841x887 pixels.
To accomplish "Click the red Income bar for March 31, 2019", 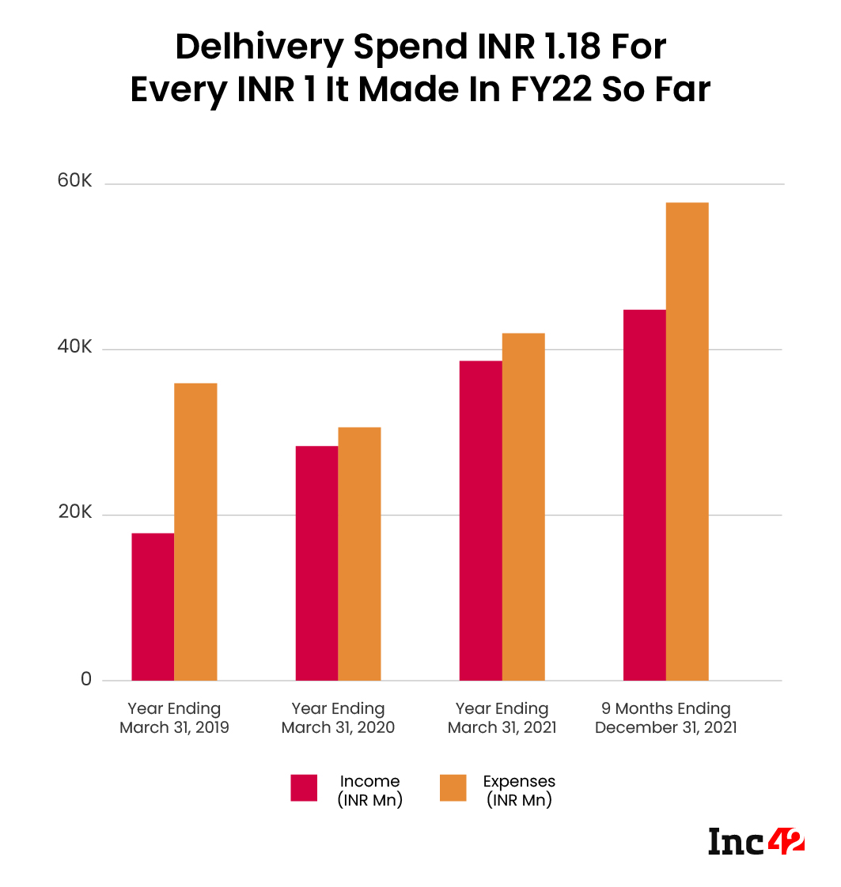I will click(x=153, y=606).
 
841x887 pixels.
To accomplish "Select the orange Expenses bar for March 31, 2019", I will click(x=195, y=531).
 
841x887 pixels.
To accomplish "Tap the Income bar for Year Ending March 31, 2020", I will click(x=316, y=563).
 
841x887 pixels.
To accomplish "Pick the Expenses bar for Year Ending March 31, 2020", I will click(x=359, y=553).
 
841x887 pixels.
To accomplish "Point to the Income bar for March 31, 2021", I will click(x=480, y=520).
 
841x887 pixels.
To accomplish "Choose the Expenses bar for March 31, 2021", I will click(x=523, y=507).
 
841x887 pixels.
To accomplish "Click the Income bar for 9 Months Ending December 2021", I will click(x=644, y=495).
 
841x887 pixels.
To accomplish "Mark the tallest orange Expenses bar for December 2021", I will click(x=687, y=441).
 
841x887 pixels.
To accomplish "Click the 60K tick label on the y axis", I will click(x=76, y=182).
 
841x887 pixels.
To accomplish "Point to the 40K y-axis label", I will click(x=76, y=347).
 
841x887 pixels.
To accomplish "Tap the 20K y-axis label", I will click(x=76, y=513).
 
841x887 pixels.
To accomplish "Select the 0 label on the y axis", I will click(x=85, y=679).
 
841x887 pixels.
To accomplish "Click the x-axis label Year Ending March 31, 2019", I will click(x=174, y=718).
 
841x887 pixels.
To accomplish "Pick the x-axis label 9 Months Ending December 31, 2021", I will click(x=665, y=718).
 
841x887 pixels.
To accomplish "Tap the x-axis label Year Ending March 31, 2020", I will click(x=338, y=718).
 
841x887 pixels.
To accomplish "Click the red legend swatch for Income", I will click(x=304, y=787).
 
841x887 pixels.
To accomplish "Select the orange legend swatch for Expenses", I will click(x=453, y=787).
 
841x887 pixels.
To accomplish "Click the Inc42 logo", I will click(x=756, y=840).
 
